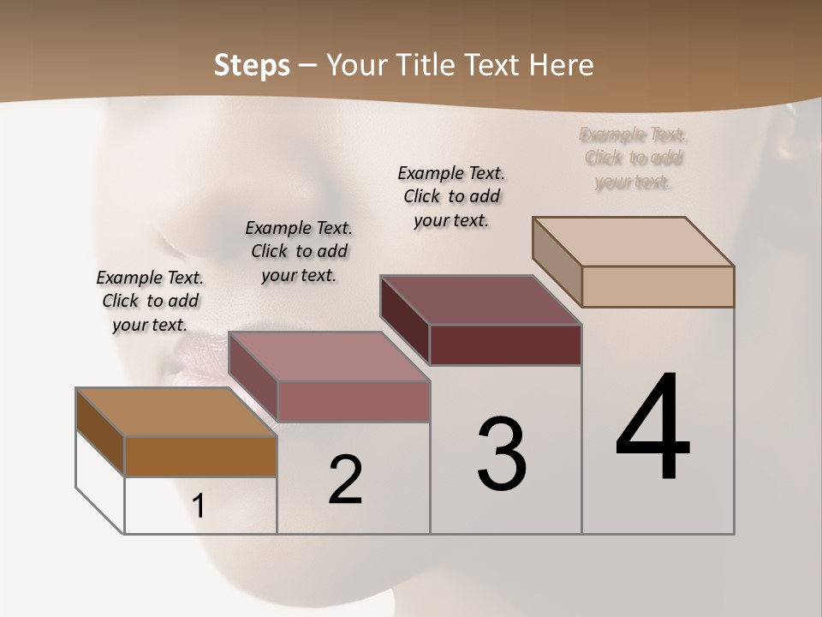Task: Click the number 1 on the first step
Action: (199, 506)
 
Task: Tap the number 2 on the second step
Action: (345, 480)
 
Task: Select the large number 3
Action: (502, 454)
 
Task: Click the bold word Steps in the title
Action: (252, 65)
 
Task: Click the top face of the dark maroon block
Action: (481, 300)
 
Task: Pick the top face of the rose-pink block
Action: (329, 356)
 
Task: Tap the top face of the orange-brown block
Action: (176, 412)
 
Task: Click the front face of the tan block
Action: (658, 286)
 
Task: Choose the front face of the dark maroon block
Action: (505, 344)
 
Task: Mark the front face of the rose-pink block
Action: (353, 401)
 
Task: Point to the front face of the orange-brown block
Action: (200, 456)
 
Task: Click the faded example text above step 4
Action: (634, 159)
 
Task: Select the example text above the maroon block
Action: (451, 196)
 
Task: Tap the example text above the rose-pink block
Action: (299, 251)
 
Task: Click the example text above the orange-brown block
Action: (150, 301)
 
